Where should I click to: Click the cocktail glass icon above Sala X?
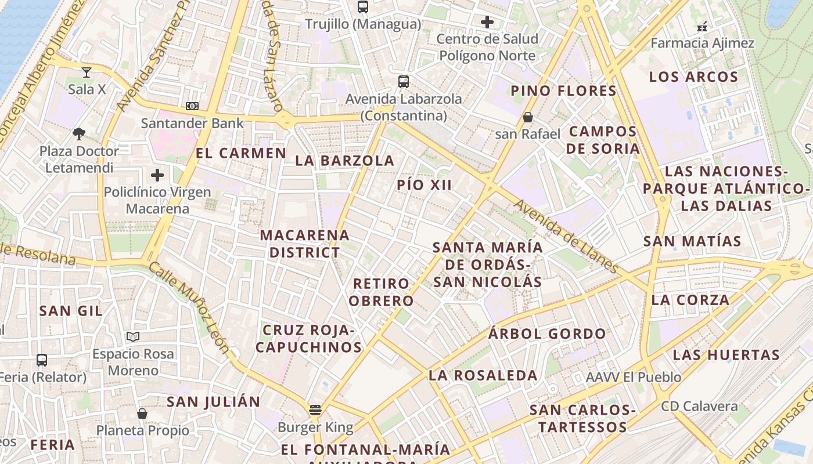click(87, 72)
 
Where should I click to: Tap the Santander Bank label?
click(193, 123)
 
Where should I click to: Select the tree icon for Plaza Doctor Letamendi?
click(79, 135)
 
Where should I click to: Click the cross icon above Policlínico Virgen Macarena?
click(157, 175)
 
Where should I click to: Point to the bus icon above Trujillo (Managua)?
click(363, 7)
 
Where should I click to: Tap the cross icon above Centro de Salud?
click(487, 23)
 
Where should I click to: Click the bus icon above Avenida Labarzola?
click(404, 82)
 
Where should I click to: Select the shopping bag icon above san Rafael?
click(528, 118)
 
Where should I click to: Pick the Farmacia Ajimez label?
click(702, 43)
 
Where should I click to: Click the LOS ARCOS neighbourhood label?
click(693, 77)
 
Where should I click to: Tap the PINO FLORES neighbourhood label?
click(563, 90)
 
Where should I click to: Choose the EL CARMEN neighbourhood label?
click(241, 153)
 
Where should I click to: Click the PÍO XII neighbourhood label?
click(425, 185)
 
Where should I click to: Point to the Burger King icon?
click(315, 411)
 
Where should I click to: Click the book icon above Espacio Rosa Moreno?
click(133, 337)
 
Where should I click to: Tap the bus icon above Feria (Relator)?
click(42, 360)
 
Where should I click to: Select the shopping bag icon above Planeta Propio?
click(142, 414)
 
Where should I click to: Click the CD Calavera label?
click(699, 406)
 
